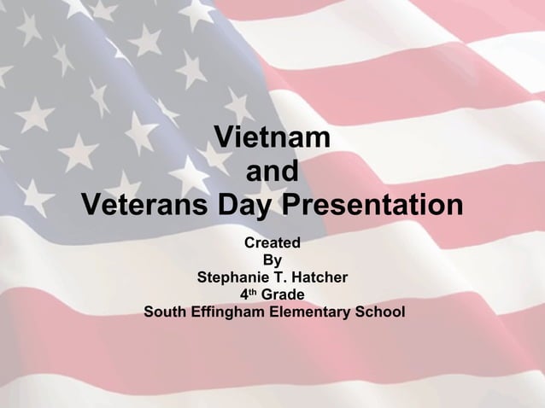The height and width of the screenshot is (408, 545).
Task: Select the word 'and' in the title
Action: click(x=272, y=172)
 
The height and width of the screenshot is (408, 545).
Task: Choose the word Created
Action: click(x=272, y=243)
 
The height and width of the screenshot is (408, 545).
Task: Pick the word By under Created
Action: click(x=272, y=260)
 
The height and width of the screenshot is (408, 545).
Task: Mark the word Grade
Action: click(x=282, y=294)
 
